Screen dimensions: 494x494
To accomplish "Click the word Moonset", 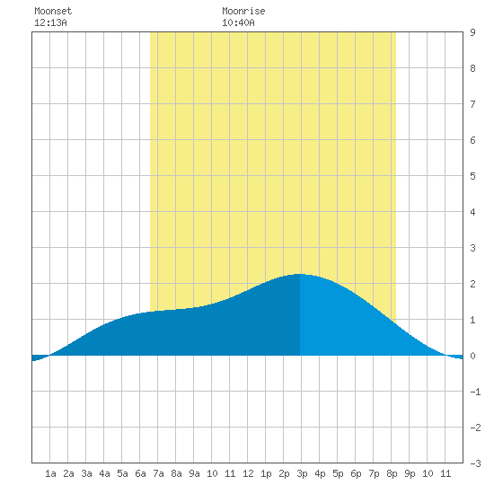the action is click(53, 11).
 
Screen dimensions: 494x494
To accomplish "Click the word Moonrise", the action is click(243, 11).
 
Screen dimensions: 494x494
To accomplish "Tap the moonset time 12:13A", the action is click(50, 22).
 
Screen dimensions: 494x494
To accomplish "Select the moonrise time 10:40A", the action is click(238, 22).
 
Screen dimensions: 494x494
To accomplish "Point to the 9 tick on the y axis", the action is click(472, 32).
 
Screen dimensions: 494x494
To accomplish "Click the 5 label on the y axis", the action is click(472, 176).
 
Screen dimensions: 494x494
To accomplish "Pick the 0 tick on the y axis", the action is click(472, 356).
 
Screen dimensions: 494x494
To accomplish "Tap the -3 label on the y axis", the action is click(475, 463).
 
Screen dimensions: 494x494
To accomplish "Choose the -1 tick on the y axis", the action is click(475, 392).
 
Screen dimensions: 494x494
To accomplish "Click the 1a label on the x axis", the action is click(50, 473).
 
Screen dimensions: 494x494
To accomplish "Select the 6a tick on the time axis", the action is click(140, 473).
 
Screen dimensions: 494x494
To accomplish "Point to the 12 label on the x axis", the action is click(248, 473).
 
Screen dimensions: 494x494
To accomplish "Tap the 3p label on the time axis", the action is click(302, 473).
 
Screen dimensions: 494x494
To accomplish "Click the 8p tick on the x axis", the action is click(392, 473).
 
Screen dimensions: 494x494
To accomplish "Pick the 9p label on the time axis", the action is click(410, 473).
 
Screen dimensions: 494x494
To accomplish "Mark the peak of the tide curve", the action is click(299, 274).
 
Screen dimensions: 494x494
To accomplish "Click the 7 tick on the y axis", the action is click(472, 104).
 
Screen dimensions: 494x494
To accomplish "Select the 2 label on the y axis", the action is click(472, 284).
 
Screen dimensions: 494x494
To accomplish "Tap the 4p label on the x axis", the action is click(320, 473).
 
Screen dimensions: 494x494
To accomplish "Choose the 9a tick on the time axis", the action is click(194, 473).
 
